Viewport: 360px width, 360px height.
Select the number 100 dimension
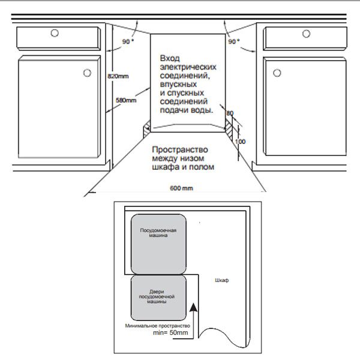coord(241,142)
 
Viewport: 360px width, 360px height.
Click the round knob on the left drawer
coord(55,34)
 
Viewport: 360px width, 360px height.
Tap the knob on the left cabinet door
coord(87,73)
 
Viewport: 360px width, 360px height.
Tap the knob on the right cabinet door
coord(276,73)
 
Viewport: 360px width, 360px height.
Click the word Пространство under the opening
coord(179,149)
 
